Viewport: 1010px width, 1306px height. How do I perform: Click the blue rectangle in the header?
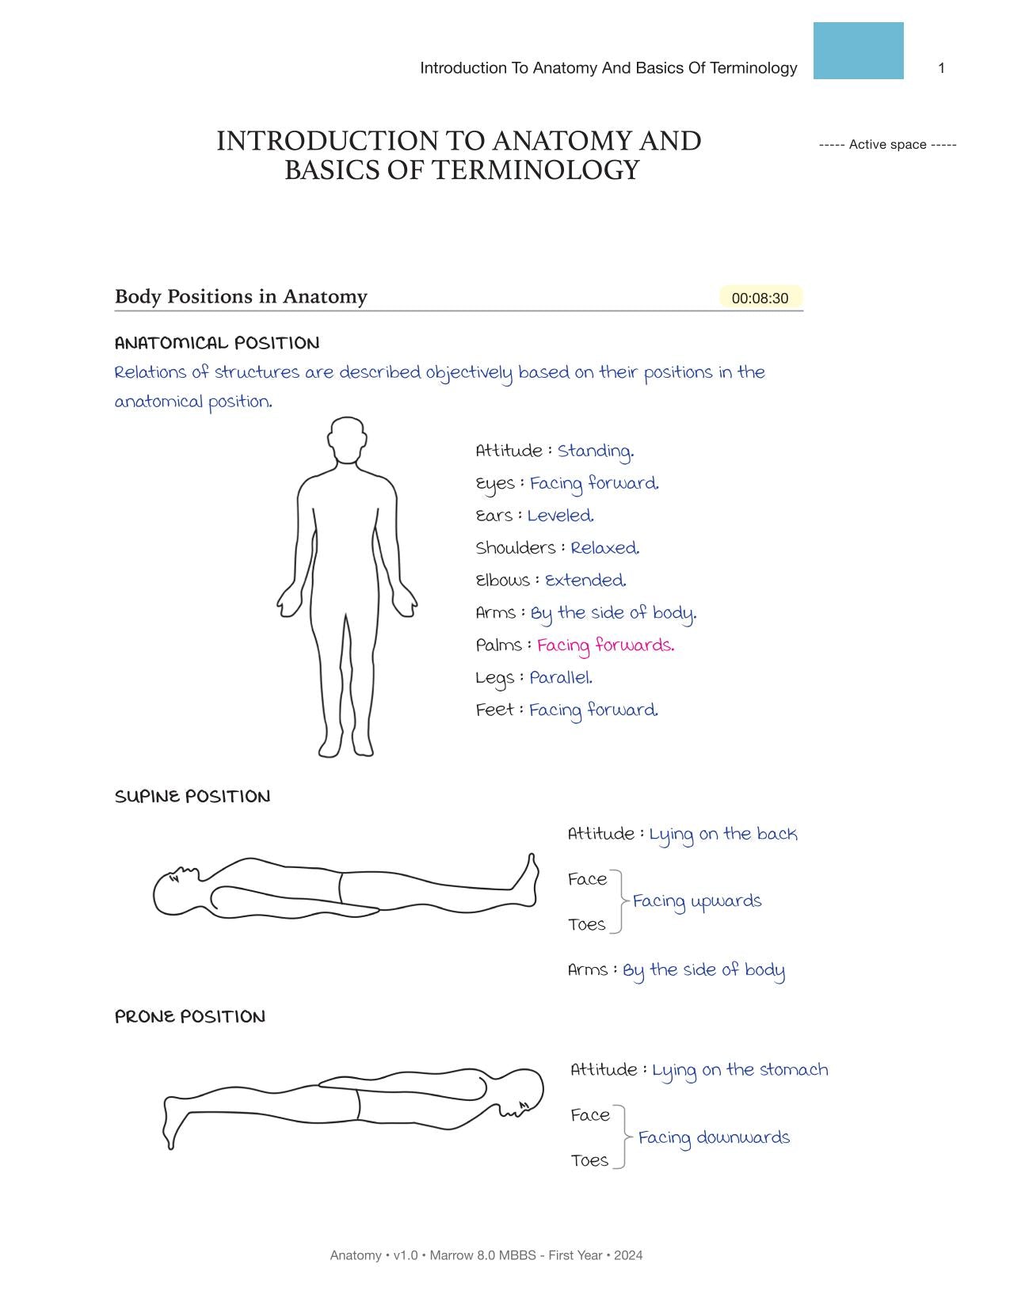click(858, 51)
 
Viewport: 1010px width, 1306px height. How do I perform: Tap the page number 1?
click(941, 68)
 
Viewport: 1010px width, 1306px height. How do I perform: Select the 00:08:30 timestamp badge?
click(760, 298)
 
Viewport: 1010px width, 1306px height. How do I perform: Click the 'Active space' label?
click(887, 144)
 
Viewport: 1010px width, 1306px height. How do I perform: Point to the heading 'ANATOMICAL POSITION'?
click(217, 343)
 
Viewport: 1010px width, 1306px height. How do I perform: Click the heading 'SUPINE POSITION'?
click(192, 797)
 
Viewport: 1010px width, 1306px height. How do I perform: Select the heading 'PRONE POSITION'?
click(190, 1017)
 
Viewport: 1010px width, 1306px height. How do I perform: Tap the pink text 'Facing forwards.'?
click(605, 645)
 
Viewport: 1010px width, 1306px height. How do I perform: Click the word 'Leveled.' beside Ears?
click(560, 516)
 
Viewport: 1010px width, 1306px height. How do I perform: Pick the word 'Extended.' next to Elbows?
click(585, 581)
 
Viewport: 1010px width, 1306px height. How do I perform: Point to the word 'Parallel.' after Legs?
click(561, 678)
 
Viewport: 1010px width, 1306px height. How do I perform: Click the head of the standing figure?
click(346, 438)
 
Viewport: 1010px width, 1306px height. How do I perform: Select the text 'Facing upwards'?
click(697, 901)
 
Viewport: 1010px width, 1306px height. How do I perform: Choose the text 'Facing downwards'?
click(714, 1138)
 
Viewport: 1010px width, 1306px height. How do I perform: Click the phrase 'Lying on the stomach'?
click(740, 1070)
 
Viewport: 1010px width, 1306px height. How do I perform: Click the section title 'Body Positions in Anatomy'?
click(241, 297)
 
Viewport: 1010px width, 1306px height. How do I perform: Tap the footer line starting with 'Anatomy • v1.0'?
click(486, 1255)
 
